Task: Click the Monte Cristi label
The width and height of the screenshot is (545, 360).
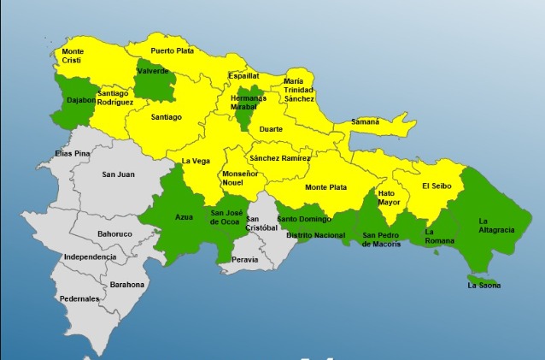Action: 73,56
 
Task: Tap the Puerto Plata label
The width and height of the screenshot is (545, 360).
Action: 172,51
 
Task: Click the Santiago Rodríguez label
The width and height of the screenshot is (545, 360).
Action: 116,97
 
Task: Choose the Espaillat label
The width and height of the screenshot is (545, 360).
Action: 243,75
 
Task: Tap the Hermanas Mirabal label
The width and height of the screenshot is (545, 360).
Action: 250,103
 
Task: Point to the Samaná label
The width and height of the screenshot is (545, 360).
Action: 365,122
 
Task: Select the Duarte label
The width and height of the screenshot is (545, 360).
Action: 271,129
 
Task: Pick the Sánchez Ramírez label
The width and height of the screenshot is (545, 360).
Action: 279,157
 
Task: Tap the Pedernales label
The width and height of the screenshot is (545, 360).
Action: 79,298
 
